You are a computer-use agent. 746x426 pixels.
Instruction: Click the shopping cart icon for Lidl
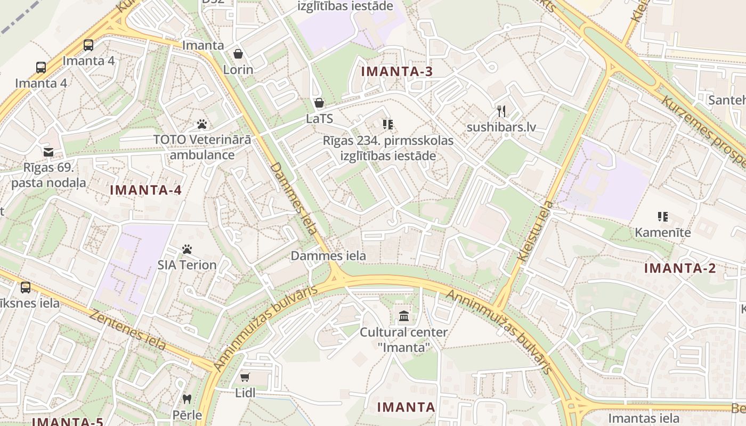(x=245, y=378)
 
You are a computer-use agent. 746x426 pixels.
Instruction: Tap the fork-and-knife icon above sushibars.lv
(x=501, y=111)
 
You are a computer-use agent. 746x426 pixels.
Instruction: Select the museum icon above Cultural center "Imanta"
(x=404, y=316)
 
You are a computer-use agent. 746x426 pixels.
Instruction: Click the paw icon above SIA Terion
(x=187, y=249)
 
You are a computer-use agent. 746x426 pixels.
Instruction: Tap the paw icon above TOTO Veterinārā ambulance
(x=202, y=124)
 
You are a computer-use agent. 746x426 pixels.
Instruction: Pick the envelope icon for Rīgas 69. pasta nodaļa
(x=48, y=152)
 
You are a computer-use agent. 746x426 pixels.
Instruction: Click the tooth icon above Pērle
(x=187, y=398)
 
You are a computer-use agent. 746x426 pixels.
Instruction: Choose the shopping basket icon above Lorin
(x=238, y=54)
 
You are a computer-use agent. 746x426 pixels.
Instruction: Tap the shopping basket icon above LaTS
(x=319, y=103)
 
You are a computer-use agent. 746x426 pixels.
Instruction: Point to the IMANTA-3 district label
(x=396, y=71)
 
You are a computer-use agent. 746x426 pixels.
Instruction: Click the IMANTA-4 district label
(x=145, y=190)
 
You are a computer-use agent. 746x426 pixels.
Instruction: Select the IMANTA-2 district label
(x=680, y=268)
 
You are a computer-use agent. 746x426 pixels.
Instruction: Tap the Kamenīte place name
(x=663, y=233)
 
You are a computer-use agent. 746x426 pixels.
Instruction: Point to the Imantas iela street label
(x=644, y=418)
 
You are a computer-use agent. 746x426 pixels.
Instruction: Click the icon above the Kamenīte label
(x=663, y=217)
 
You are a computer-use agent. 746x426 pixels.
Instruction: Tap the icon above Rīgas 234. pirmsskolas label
(x=388, y=125)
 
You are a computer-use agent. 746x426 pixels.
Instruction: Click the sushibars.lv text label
(x=501, y=128)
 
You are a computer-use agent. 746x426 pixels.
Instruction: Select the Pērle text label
(x=187, y=415)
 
